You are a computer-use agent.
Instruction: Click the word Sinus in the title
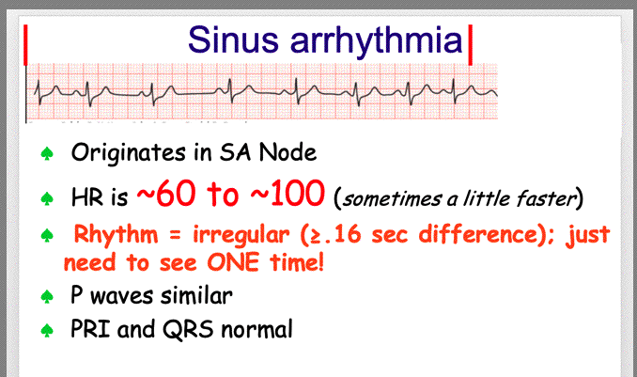(233, 39)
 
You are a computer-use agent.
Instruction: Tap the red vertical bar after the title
(471, 45)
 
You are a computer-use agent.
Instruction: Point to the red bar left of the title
(25, 45)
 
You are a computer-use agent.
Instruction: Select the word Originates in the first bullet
(129, 153)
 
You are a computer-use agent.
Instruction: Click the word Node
(287, 153)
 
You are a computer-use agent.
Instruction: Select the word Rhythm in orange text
(116, 235)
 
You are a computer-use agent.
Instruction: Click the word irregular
(241, 235)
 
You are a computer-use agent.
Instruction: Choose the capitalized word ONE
(233, 262)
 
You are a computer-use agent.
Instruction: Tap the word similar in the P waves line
(196, 295)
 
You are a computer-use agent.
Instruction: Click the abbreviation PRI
(90, 328)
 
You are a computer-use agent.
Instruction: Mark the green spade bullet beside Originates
(47, 154)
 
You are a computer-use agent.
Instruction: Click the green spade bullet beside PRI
(47, 330)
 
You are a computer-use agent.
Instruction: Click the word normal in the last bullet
(256, 329)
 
